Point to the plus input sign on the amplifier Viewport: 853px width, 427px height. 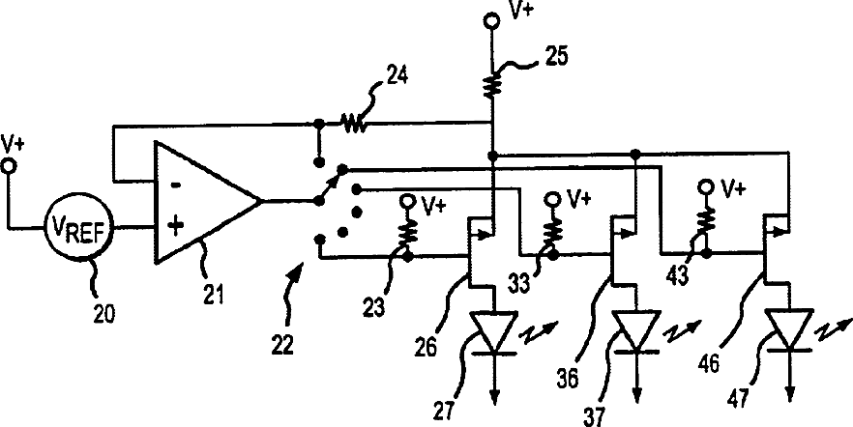pos(175,227)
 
